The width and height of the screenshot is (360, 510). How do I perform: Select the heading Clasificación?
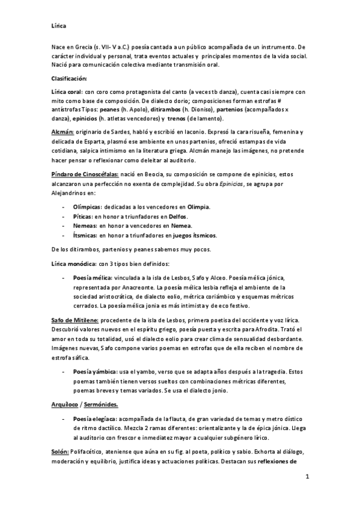[69, 79]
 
